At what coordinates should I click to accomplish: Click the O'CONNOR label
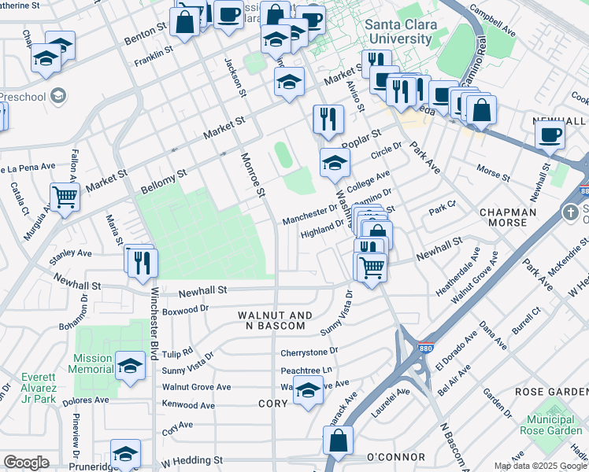click(x=396, y=457)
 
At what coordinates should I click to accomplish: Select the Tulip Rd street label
click(x=176, y=352)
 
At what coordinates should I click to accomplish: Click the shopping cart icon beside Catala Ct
click(x=65, y=196)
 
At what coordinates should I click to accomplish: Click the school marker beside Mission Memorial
click(x=131, y=365)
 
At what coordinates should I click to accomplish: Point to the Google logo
click(x=26, y=463)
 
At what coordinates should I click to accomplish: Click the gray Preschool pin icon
click(x=57, y=96)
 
